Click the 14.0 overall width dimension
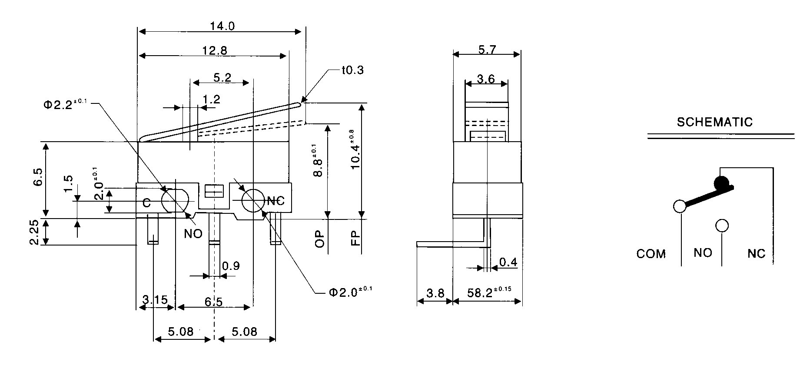222,26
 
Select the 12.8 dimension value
215,50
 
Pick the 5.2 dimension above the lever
222,78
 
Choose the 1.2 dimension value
212,100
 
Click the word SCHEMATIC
714,122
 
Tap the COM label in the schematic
651,254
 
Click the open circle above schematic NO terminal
722,226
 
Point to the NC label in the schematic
756,254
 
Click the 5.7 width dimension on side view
487,50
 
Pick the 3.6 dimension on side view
485,79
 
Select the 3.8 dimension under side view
435,293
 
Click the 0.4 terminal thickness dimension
508,262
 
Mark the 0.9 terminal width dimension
230,265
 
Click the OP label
320,239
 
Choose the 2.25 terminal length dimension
35,232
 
